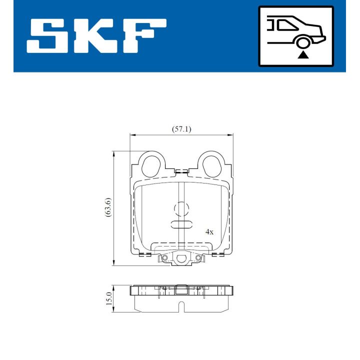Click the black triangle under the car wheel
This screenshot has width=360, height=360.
pos(301,55)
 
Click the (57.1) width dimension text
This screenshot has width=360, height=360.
pos(181,128)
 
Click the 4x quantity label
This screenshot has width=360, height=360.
pos(209,232)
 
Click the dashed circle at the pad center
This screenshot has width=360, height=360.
pos(181,208)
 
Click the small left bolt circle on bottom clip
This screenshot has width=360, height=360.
pos(163,258)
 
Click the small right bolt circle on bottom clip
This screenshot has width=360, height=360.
pos(198,258)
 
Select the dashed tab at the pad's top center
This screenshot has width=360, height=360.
pos(181,172)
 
